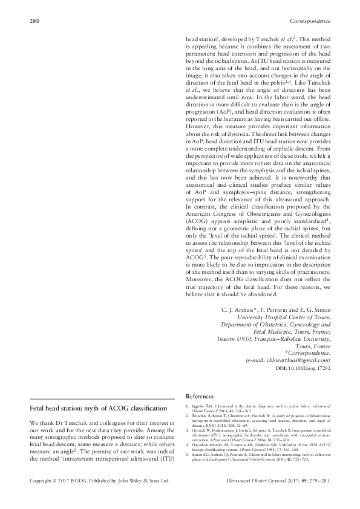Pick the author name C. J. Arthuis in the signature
238,310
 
